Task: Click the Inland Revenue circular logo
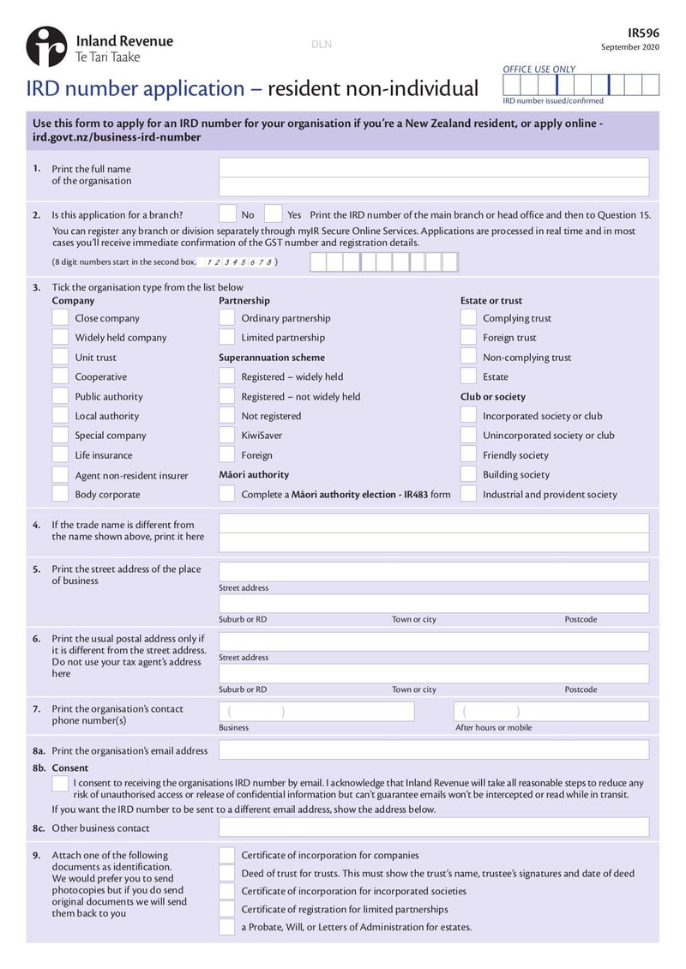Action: point(46,46)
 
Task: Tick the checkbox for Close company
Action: point(60,317)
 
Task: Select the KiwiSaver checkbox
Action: point(226,435)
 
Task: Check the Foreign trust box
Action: point(468,337)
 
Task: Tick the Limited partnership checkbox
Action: point(226,337)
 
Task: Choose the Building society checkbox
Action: point(468,474)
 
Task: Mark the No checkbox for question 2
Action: point(228,214)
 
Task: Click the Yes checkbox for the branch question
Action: point(274,214)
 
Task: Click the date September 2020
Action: point(630,47)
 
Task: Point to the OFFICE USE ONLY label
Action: point(539,69)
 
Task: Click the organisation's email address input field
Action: point(433,749)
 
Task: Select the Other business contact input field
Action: point(433,828)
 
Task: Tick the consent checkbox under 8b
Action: point(60,784)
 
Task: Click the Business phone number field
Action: point(316,712)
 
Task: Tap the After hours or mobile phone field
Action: point(551,712)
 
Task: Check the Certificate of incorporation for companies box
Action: point(226,855)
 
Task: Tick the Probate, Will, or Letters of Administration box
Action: point(226,927)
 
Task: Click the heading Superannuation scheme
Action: point(272,358)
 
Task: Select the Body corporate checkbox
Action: point(60,494)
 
